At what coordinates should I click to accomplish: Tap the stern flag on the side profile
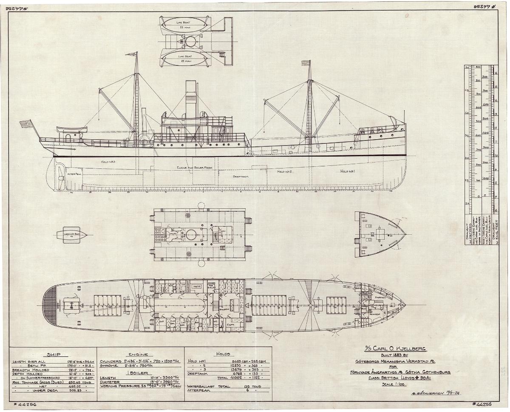point(26,124)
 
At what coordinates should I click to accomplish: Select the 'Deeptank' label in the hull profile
point(240,176)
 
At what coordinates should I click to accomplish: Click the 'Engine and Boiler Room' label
point(195,168)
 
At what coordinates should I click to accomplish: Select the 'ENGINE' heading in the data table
point(138,354)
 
